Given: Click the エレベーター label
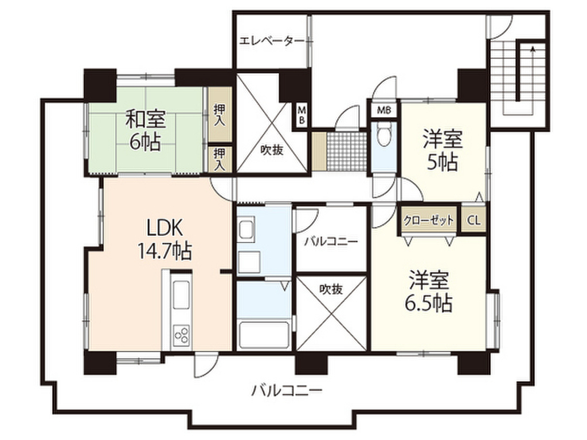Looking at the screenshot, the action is [x=272, y=40].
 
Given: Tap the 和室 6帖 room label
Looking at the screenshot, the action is [x=145, y=129].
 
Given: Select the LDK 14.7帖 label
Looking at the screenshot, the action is [x=165, y=239].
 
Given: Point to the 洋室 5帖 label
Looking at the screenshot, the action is [x=443, y=150].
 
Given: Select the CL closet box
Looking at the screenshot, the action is [x=473, y=220].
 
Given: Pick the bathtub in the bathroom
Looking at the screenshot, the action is [x=264, y=334].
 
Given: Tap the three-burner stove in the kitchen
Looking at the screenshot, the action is [x=181, y=334].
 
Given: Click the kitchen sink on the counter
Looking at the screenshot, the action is [x=181, y=296].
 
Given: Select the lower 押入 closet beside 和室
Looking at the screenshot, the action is [x=220, y=159].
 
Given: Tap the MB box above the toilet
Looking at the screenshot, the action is [x=383, y=111].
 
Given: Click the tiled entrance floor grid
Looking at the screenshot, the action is [x=346, y=151].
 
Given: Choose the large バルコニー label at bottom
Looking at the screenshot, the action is [x=287, y=391].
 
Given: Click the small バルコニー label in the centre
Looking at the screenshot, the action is [x=331, y=241].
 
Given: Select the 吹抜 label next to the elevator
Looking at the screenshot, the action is [x=272, y=150].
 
